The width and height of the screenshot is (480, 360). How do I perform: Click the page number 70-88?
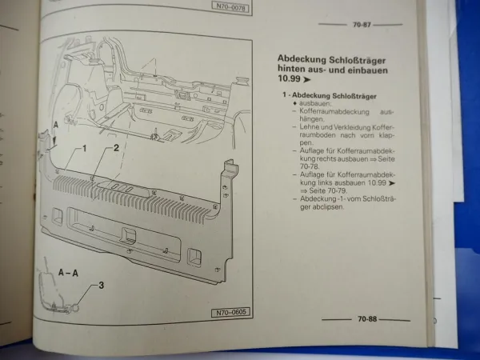point(367,318)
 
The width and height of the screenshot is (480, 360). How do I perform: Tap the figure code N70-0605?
point(230,313)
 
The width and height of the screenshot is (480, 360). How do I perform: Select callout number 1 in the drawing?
point(82,149)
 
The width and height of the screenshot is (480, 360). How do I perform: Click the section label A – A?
point(68,273)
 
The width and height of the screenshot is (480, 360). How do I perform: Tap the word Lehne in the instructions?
point(310,127)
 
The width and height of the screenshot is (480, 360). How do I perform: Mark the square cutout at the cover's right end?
point(194,255)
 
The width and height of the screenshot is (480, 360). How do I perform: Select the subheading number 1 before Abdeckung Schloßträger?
point(286,96)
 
